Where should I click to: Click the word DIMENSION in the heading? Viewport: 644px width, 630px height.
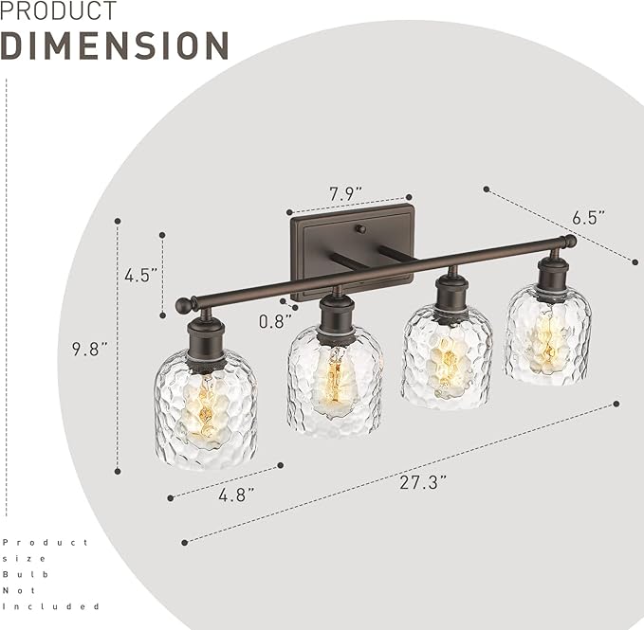(115, 45)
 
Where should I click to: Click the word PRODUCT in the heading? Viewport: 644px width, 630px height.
(59, 11)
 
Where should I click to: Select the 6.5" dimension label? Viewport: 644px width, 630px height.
(588, 217)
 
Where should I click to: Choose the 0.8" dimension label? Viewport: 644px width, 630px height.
(275, 320)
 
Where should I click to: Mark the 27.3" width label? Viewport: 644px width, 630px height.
(424, 480)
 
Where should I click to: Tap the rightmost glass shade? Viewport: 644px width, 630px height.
(548, 336)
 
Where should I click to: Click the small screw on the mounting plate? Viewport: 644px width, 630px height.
(359, 228)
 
